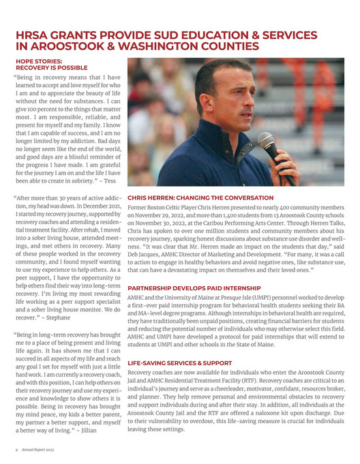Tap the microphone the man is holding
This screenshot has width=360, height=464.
coord(268,145)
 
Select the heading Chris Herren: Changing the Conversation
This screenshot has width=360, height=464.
coord(197,198)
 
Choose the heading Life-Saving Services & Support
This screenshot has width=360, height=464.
coord(180,363)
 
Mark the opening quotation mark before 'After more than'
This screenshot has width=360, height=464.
coord(14,196)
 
